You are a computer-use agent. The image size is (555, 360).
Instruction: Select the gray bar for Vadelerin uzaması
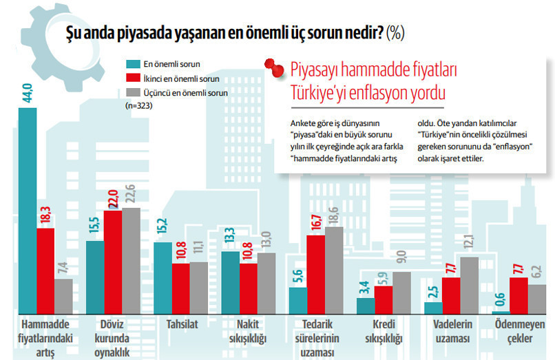[470, 285]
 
